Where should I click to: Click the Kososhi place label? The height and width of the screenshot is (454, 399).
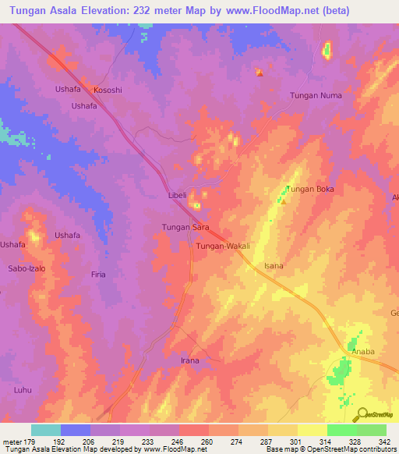(x=108, y=90)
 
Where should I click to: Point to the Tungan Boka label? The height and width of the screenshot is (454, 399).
(x=309, y=189)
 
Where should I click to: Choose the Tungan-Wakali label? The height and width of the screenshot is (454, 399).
(x=223, y=246)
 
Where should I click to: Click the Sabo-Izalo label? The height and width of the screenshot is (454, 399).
(x=26, y=268)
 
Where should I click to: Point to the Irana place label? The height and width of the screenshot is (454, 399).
(x=190, y=360)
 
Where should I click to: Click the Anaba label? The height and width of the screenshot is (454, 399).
(x=363, y=352)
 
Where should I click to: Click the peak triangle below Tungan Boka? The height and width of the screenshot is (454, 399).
(x=284, y=203)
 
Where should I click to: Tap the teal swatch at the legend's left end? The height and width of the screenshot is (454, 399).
(x=45, y=430)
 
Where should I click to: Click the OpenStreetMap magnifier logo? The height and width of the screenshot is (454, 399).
(x=360, y=414)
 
